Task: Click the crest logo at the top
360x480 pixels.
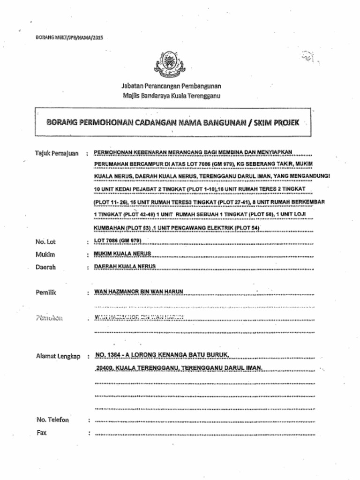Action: point(170,64)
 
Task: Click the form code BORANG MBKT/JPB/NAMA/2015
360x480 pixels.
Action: point(69,37)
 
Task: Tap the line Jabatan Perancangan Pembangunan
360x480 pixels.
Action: point(171,86)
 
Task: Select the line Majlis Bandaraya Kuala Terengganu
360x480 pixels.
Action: point(171,96)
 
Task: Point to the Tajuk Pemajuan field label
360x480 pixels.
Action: point(57,153)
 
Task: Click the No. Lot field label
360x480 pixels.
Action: point(45,242)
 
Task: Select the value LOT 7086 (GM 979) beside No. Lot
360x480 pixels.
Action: point(118,241)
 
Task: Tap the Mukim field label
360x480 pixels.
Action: point(45,255)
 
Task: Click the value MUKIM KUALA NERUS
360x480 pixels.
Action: point(123,254)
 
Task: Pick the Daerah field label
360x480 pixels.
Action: point(46,267)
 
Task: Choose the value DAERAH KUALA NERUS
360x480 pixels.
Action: point(125,266)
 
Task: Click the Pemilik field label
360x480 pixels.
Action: point(46,292)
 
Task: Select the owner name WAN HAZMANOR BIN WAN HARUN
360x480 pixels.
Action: point(139,292)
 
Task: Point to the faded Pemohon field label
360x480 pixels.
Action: point(49,318)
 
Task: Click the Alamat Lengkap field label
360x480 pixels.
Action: point(59,356)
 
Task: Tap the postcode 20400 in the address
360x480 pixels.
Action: point(105,368)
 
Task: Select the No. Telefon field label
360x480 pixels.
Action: point(52,420)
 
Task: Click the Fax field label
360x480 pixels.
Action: point(42,433)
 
